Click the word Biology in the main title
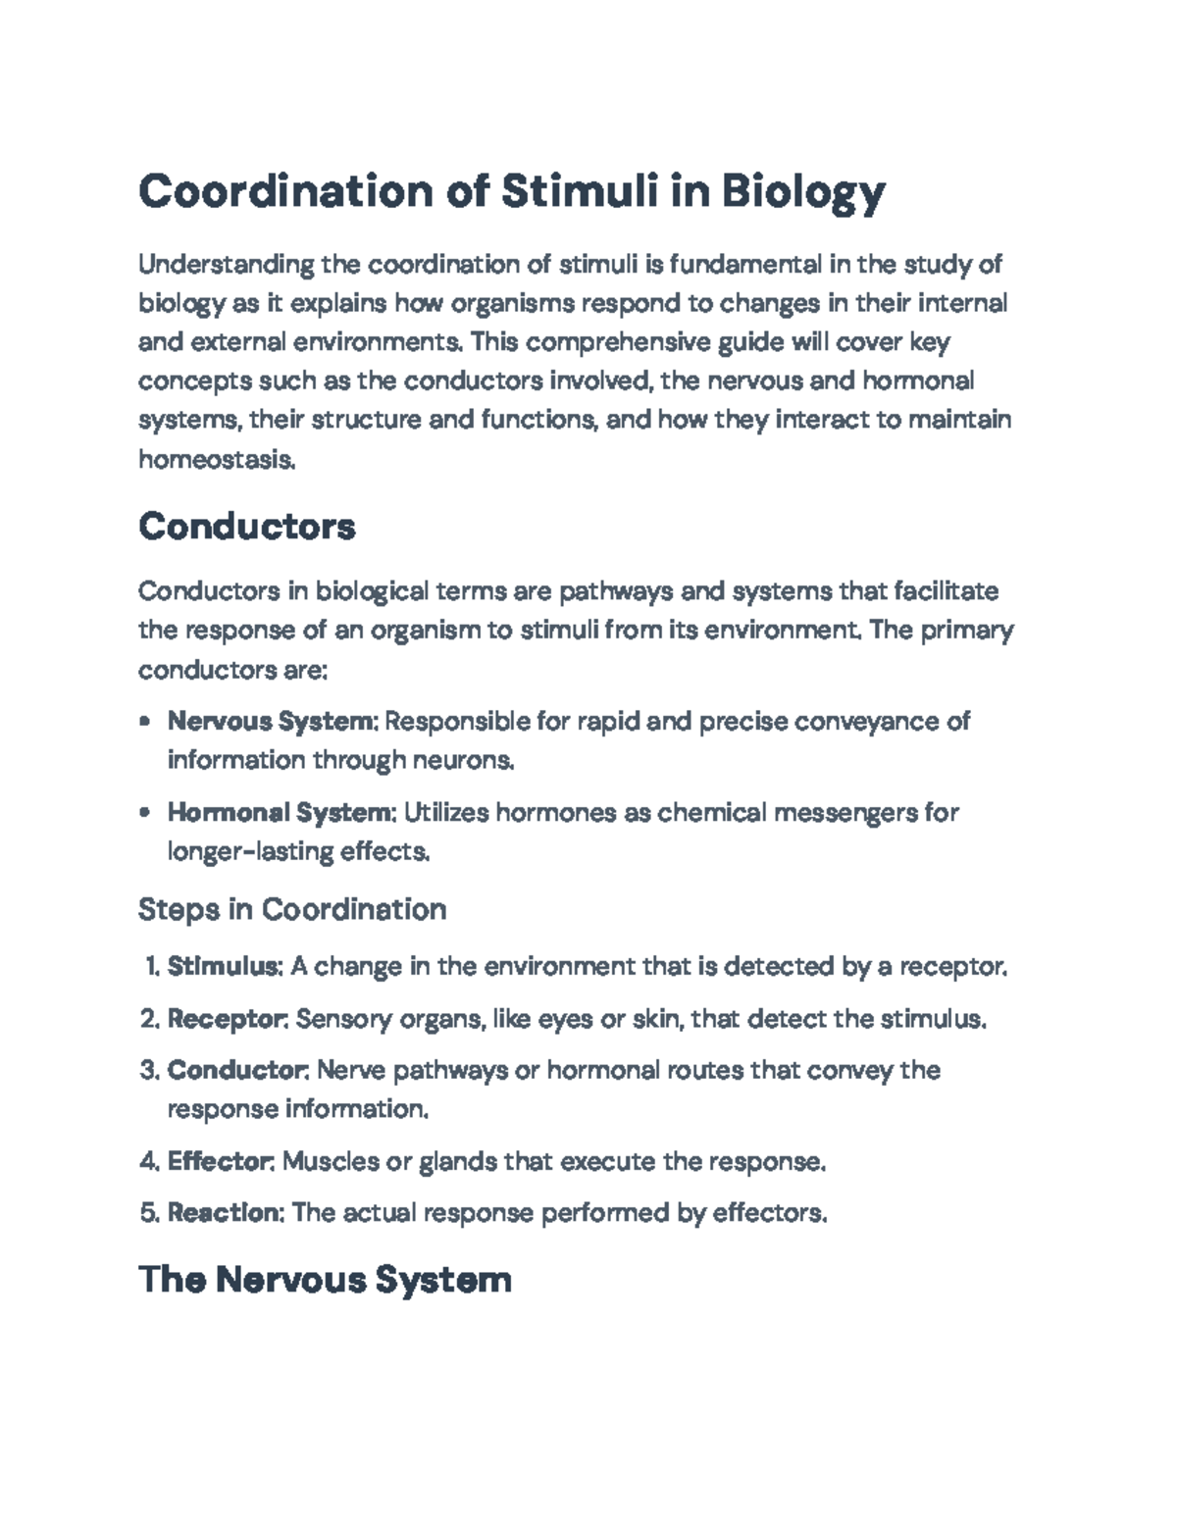coord(803,192)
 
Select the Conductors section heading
coord(246,527)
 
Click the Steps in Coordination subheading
coord(292,909)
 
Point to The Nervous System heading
coord(325,1280)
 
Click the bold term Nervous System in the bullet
coord(271,722)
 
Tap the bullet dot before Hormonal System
coord(145,813)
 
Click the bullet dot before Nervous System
coord(145,723)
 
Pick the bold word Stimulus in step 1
coord(225,967)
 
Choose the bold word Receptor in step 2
coord(227,1019)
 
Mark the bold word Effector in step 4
coord(220,1162)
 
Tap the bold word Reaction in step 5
coord(225,1213)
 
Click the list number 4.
coord(148,1162)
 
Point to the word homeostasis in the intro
coord(216,459)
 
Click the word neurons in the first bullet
coord(462,760)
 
